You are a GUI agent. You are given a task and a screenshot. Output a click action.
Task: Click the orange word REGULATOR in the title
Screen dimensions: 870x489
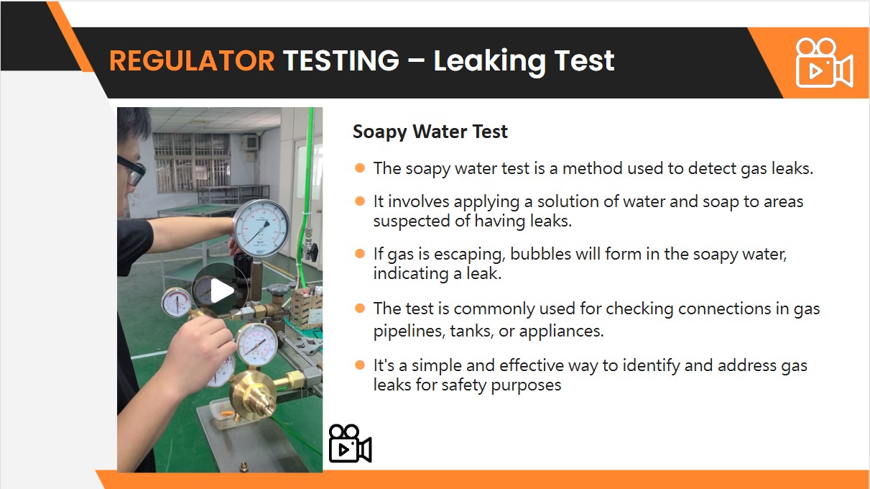coord(192,60)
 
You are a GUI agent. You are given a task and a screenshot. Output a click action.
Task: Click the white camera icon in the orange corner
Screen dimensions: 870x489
coord(824,63)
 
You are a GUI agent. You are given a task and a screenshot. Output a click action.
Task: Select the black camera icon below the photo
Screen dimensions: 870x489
coord(350,443)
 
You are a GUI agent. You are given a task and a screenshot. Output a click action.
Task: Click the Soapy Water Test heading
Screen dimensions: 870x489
coord(430,132)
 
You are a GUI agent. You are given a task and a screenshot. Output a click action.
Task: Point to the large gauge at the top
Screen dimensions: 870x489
coord(262,229)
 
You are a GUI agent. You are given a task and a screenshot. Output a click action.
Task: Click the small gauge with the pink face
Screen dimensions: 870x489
coord(176,302)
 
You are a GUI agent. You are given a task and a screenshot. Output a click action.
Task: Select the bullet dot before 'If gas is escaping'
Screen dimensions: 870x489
coord(360,254)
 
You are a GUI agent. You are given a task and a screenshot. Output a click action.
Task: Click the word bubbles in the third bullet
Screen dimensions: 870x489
coord(540,255)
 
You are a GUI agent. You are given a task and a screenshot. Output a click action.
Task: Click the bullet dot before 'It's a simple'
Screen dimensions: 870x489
coord(360,365)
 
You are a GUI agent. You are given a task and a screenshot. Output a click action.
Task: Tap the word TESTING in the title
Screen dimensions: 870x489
coord(341,60)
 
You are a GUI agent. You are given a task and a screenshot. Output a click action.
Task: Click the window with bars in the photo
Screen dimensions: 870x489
coord(192,162)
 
